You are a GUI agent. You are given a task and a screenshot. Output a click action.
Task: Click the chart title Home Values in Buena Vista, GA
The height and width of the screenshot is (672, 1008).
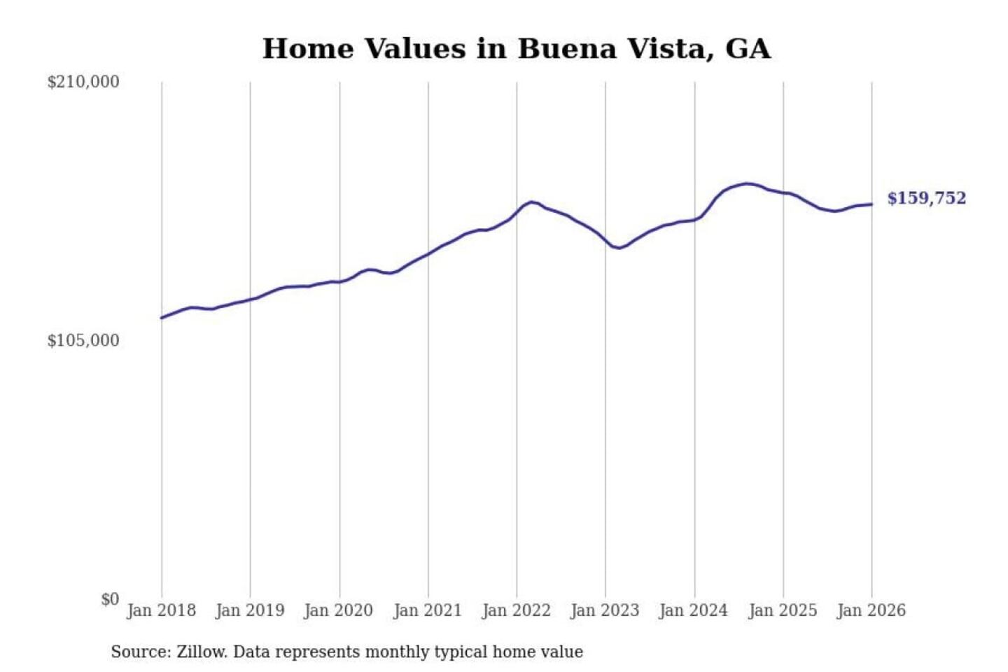tap(517, 49)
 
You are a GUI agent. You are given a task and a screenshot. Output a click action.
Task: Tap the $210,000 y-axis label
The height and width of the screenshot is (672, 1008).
tap(83, 82)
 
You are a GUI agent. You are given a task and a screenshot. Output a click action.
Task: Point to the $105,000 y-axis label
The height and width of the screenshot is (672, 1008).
tap(83, 341)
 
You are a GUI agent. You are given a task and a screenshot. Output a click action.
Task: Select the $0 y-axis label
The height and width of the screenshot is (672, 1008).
tap(110, 599)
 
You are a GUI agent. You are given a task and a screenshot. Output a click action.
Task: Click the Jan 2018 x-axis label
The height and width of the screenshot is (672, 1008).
tap(161, 610)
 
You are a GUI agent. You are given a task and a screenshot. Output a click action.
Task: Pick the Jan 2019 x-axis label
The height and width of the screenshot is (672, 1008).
tap(250, 610)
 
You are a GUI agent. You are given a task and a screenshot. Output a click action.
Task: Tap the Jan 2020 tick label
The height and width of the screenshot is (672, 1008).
tap(339, 610)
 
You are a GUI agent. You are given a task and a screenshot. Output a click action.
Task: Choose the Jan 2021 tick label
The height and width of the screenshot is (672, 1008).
tap(428, 610)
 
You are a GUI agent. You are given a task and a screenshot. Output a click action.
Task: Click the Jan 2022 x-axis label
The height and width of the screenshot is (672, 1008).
tap(517, 610)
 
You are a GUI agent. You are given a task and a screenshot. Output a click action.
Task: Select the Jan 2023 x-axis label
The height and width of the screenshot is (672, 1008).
tap(605, 610)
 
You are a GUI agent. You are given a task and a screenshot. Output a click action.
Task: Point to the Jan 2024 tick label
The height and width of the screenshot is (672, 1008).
tap(694, 610)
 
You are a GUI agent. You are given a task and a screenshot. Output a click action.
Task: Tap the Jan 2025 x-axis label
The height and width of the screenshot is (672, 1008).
tap(783, 610)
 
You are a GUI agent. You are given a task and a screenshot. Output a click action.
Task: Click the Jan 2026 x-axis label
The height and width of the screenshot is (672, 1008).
tap(871, 610)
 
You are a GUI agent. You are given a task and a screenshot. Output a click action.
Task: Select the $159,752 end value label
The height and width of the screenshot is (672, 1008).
tap(926, 198)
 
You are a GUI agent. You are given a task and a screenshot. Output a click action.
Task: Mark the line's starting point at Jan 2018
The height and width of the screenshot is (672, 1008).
tap(162, 318)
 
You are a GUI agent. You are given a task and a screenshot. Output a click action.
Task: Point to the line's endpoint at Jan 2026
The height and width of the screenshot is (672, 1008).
tap(871, 204)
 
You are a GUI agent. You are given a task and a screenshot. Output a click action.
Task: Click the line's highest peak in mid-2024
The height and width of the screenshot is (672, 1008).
tap(747, 184)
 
